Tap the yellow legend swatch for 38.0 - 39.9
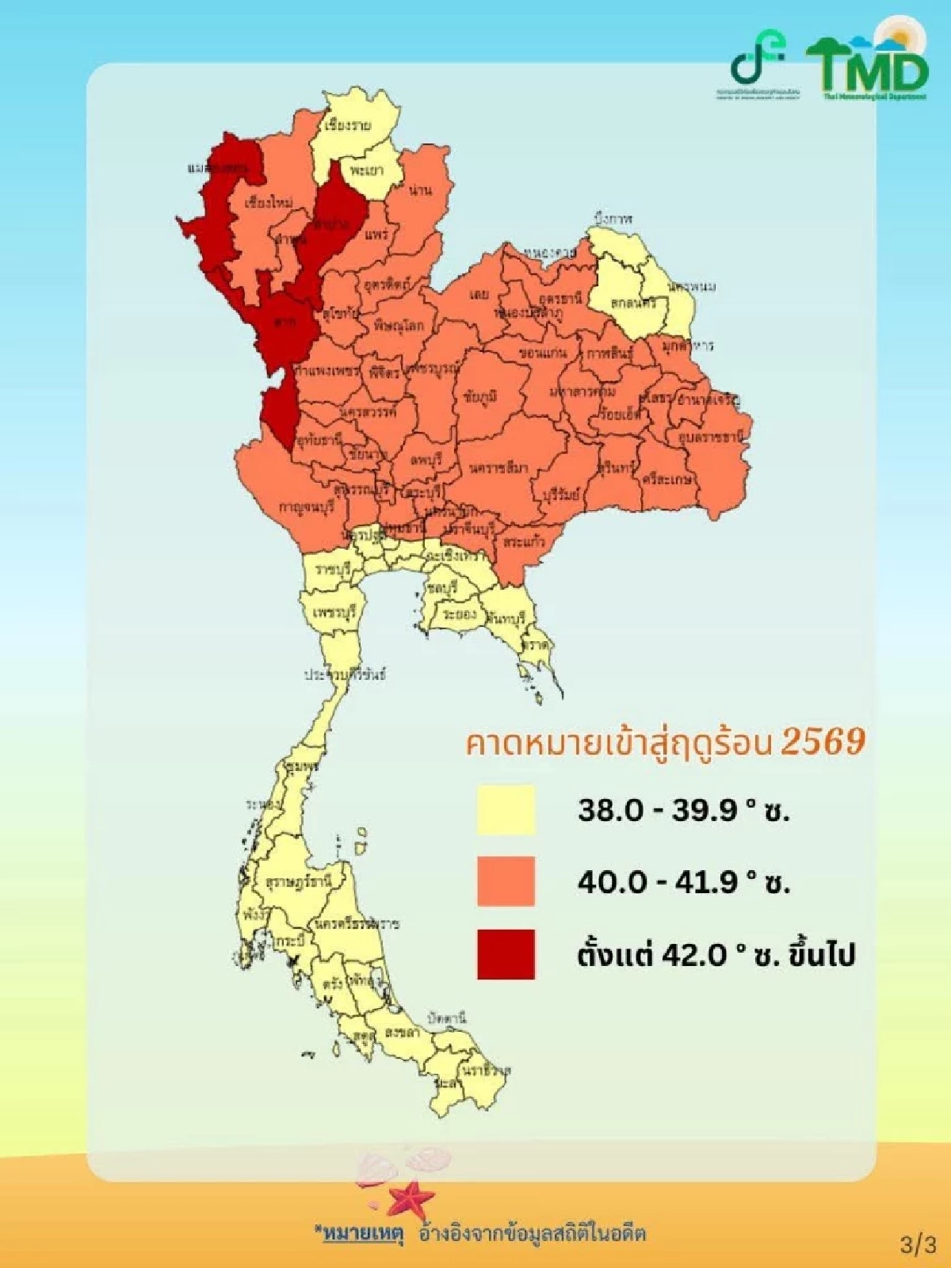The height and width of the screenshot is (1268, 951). [506, 810]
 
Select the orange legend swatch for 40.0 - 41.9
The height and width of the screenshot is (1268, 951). [506, 881]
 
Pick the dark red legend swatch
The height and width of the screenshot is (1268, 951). [506, 954]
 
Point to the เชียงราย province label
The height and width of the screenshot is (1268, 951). [348, 125]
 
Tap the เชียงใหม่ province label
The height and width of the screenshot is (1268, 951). [269, 203]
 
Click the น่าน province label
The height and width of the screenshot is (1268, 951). [421, 190]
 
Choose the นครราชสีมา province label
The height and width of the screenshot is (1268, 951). [498, 468]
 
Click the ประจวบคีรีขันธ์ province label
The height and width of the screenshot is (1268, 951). [346, 675]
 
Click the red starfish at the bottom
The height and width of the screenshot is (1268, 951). [411, 1198]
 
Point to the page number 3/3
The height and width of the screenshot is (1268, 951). [919, 1245]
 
